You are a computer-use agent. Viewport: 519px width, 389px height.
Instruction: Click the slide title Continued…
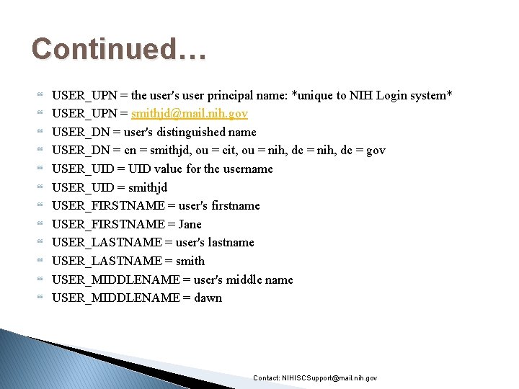click(119, 49)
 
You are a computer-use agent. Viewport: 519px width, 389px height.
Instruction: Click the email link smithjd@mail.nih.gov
click(189, 114)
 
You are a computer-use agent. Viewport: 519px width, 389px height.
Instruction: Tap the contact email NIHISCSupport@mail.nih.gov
click(329, 378)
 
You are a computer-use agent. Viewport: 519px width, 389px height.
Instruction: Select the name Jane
click(190, 224)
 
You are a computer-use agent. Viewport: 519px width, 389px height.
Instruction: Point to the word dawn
click(208, 298)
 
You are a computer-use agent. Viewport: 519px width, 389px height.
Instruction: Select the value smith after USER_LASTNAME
click(190, 261)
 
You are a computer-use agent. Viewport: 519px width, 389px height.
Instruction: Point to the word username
click(247, 169)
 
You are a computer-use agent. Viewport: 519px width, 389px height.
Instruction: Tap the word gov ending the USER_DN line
click(376, 151)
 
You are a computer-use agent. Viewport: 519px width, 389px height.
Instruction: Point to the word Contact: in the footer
click(267, 378)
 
